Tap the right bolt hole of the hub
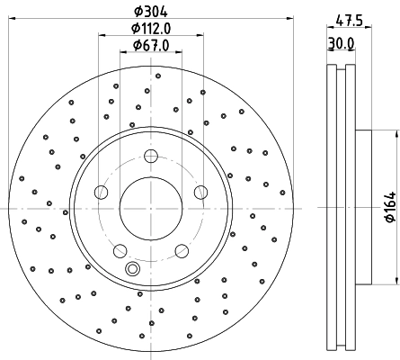tap(199, 192)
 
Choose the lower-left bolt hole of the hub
tap(120, 249)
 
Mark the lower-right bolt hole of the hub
tap(180, 249)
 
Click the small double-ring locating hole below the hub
tap(134, 267)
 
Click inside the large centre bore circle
tap(150, 208)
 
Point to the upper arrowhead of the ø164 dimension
tap(394, 135)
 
